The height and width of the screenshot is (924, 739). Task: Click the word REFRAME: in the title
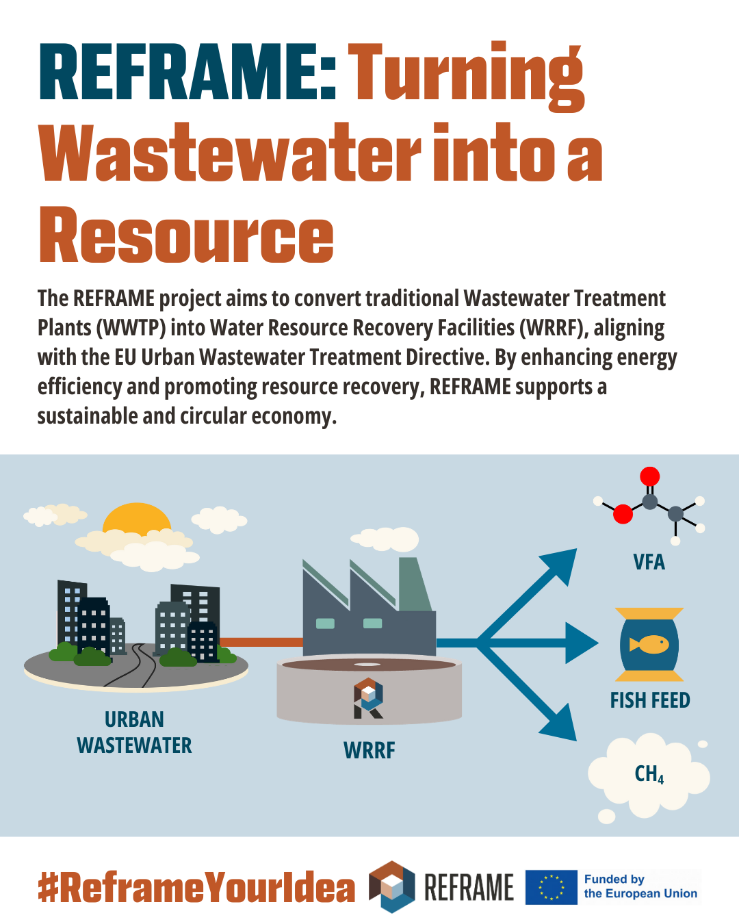point(187,71)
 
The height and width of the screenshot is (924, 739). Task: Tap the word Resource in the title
point(186,235)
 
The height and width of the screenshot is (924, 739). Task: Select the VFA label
point(649,562)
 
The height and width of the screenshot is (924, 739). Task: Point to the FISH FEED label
point(650,700)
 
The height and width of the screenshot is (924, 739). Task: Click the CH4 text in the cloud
point(649,775)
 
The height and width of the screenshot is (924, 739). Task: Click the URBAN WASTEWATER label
point(134,732)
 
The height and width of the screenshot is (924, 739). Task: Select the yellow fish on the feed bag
point(649,644)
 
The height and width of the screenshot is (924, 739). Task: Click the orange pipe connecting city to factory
point(261,642)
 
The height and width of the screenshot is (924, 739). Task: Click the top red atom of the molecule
point(649,476)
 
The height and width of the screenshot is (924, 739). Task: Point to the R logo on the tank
point(368,698)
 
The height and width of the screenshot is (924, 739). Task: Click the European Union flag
point(552,887)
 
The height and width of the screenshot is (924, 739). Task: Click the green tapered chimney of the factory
point(415,584)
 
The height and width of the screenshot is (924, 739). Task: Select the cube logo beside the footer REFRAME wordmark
point(392,886)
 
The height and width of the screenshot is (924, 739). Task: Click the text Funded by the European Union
point(640,886)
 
